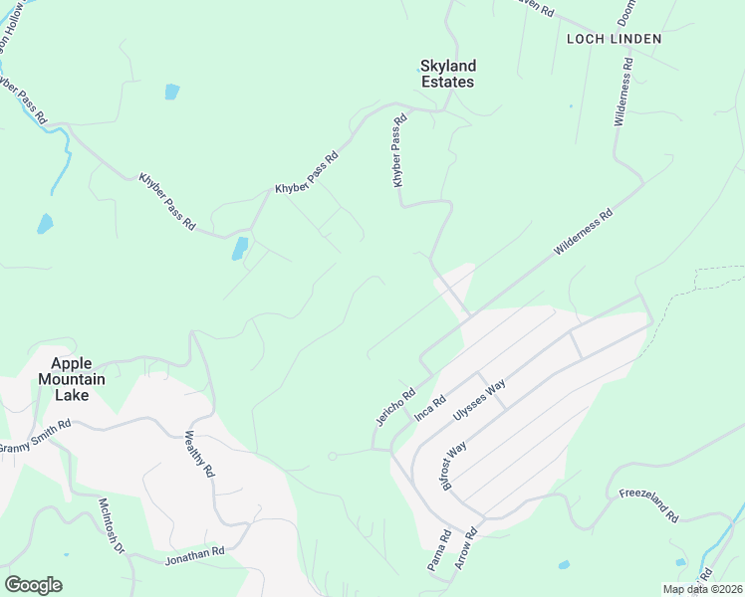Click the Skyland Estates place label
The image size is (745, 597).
tap(447, 74)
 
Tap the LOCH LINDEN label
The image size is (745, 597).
tap(614, 39)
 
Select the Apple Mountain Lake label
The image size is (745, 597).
tap(64, 378)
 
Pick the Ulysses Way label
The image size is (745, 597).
tap(479, 397)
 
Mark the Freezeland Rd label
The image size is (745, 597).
tap(648, 505)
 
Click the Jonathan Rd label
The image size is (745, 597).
tap(194, 555)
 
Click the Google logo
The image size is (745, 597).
tap(33, 585)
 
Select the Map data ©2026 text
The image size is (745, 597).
tap(701, 589)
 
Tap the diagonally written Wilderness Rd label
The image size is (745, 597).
tap(584, 235)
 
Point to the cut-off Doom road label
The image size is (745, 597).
tap(626, 12)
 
